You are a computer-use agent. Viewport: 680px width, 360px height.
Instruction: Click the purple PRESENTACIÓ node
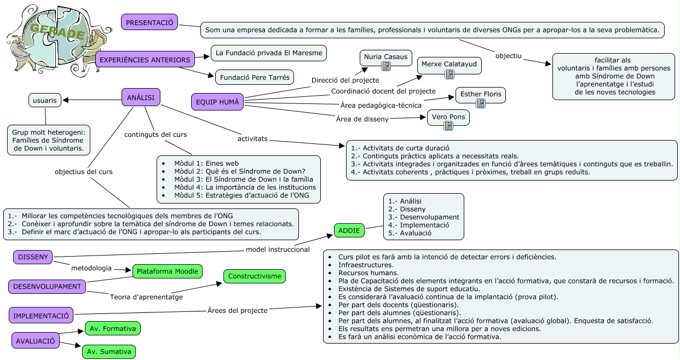149,22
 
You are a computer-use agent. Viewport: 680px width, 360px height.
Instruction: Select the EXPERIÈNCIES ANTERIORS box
145,60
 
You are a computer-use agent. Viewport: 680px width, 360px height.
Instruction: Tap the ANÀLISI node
141,97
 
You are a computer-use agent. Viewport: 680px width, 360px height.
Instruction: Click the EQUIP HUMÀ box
217,101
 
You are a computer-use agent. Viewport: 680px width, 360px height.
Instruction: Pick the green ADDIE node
349,230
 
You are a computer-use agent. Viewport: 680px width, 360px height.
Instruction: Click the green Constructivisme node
255,276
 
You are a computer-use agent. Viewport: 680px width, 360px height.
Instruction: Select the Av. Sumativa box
109,352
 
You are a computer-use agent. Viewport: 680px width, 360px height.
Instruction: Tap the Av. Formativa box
113,328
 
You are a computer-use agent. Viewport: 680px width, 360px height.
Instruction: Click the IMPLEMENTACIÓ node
41,315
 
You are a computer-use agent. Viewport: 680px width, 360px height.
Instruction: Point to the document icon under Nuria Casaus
386,66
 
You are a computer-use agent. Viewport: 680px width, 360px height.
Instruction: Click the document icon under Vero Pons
448,126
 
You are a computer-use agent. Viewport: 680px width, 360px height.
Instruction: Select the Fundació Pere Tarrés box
255,77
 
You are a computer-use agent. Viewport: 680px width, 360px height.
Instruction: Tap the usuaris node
45,100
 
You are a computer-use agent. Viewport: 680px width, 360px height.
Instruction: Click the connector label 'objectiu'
509,55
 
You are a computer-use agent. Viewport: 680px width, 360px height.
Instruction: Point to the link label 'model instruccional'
278,249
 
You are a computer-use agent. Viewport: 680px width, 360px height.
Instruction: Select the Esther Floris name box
480,94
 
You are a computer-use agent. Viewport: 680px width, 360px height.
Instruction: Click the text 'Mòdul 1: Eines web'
206,163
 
